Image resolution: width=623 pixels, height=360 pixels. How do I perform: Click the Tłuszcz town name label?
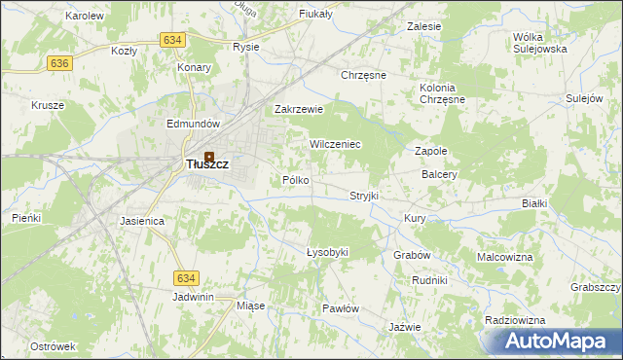coord(207,165)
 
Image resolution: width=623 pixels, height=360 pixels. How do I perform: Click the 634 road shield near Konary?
coord(172,40)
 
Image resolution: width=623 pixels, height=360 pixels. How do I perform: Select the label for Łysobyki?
coord(327,252)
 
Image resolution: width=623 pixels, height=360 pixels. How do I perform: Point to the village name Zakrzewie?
coord(298,110)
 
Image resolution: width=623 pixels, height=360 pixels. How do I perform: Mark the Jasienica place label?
coord(142,222)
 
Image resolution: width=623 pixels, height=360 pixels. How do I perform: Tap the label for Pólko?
coord(295,180)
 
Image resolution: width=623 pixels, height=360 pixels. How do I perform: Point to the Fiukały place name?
coord(317,15)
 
